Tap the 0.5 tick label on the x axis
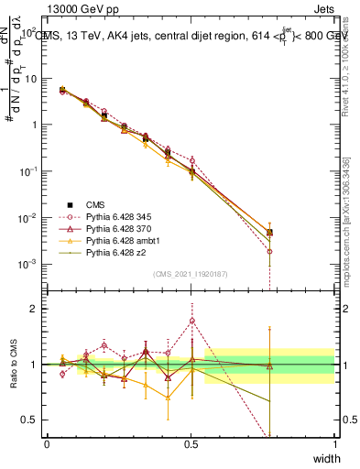click(191, 444)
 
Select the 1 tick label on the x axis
click(335, 444)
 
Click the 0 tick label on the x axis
click(47, 444)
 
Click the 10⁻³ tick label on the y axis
click(27, 264)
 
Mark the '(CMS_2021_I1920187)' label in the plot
click(191, 273)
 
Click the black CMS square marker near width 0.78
click(269, 233)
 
